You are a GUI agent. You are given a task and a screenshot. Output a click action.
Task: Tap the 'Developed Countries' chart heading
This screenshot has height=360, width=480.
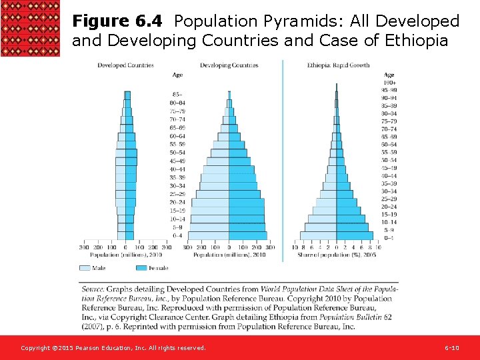[125, 65]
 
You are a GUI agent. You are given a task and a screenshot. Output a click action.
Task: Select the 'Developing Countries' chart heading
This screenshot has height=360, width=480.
[229, 65]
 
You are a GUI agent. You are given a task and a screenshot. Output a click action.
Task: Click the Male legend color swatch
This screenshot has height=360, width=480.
[85, 268]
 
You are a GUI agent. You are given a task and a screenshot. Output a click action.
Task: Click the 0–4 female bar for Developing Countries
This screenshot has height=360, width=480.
[247, 235]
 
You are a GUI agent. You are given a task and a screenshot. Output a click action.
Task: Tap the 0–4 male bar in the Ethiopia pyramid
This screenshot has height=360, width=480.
[318, 235]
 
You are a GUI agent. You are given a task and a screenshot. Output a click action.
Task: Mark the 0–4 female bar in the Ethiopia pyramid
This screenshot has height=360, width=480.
[355, 235]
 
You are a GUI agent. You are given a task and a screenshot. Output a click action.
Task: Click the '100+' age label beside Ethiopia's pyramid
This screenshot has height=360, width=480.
[389, 82]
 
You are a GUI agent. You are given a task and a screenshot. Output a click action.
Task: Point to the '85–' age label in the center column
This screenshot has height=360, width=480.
[177, 94]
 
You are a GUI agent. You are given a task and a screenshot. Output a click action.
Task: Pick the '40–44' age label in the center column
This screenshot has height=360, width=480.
[177, 169]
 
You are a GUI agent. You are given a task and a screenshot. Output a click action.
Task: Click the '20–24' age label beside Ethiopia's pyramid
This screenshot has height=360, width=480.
[389, 207]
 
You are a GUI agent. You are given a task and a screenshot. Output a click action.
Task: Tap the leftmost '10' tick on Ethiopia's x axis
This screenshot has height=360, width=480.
[295, 247]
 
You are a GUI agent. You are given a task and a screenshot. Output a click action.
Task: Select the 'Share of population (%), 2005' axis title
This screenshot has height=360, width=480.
[336, 255]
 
